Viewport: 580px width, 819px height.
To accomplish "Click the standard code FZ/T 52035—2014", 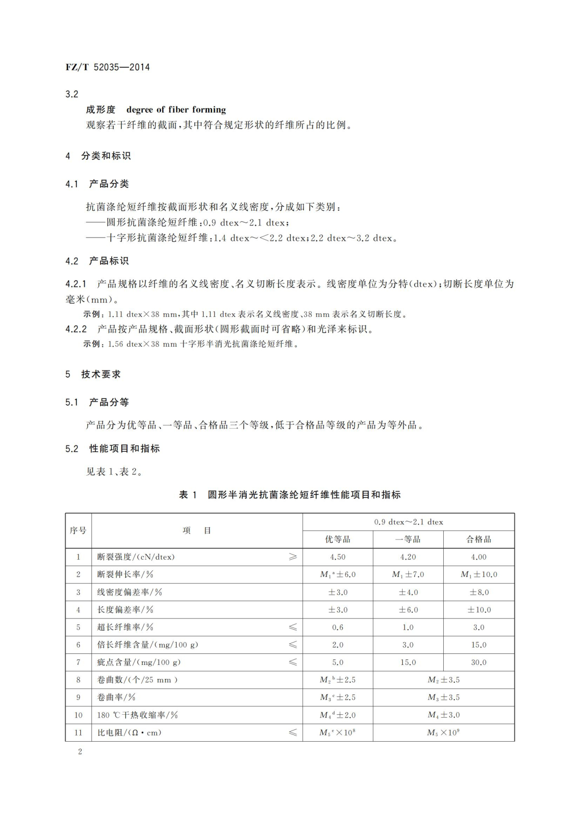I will coord(107,67).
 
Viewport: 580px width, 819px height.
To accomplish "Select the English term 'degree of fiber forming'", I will coord(176,110).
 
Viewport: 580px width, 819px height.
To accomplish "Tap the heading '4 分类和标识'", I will coord(98,156).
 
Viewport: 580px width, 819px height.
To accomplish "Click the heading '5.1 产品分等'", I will coord(97,402).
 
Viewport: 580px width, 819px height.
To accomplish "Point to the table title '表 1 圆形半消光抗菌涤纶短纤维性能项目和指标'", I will coord(290,494).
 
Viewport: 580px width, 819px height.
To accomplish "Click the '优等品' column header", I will coord(337,539).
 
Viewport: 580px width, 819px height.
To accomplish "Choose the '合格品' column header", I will coord(478,539).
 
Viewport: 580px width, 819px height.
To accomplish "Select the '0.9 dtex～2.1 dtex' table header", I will coord(408,522).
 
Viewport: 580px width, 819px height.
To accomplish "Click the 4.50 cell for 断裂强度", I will coord(337,557).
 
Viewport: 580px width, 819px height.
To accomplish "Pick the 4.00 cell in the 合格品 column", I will coord(478,557).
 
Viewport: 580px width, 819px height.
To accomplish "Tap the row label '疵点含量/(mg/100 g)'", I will coord(139,662).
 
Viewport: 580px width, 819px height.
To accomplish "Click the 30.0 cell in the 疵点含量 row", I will coord(478,662).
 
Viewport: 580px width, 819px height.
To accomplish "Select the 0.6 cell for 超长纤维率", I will coord(337,627).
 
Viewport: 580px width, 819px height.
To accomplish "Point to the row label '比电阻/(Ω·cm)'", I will coord(130,733).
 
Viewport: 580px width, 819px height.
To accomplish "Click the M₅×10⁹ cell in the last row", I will coord(443,733).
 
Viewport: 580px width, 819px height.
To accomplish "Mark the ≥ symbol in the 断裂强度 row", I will coord(293,557).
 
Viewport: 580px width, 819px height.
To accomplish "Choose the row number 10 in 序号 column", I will coord(78,715).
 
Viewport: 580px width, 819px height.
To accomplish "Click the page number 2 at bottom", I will coord(80,751).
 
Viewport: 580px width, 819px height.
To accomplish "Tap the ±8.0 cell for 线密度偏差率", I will coord(478,592).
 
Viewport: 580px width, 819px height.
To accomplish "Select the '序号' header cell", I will coord(78,530).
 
